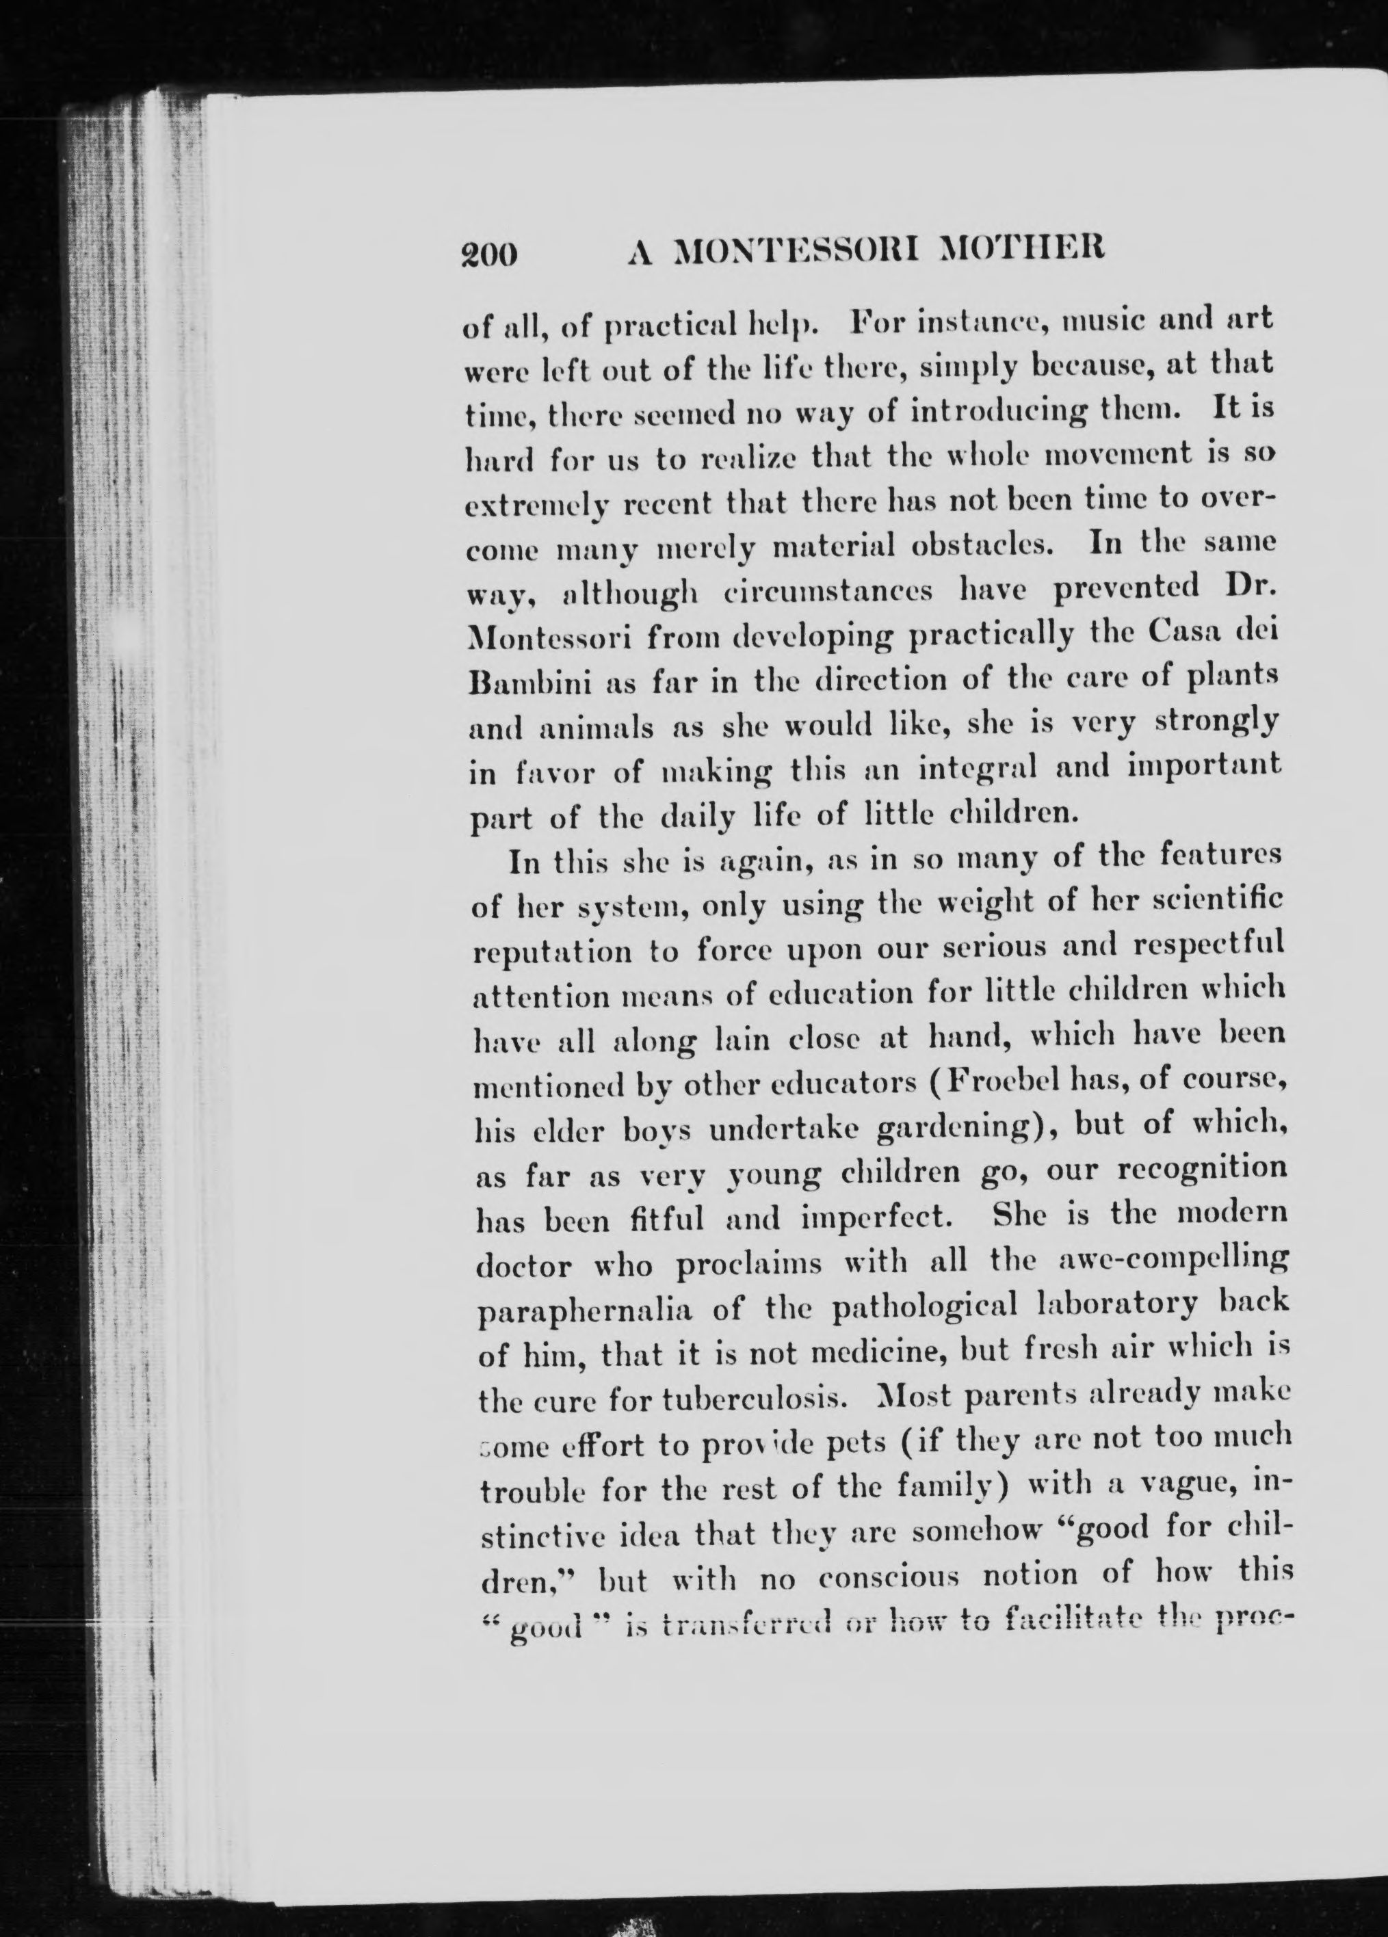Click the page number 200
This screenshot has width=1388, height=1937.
tap(490, 254)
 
